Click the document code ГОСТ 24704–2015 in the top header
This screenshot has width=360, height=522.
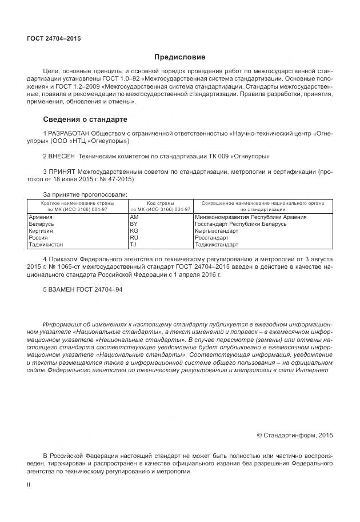click(54, 39)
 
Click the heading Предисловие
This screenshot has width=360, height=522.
click(179, 57)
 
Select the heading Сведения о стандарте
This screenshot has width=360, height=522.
click(85, 119)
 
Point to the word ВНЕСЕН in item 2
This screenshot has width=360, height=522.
click(62, 156)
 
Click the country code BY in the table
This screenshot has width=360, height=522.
click(134, 224)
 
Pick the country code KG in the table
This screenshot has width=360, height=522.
click(134, 231)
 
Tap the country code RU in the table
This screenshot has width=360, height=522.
click(134, 237)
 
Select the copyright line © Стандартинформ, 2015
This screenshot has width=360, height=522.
click(294, 435)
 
